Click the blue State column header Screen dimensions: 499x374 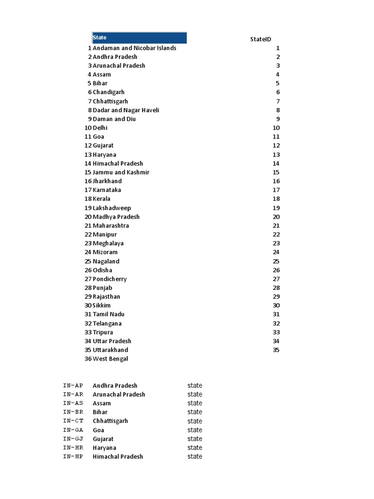[139, 38]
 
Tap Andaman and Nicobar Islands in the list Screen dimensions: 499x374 [134, 48]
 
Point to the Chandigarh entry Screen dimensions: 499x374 [109, 92]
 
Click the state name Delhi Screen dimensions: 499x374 [100, 128]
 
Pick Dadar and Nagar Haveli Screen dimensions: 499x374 [126, 110]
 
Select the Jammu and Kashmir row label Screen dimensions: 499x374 [121, 172]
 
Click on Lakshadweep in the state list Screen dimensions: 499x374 [112, 208]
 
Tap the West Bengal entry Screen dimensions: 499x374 [110, 359]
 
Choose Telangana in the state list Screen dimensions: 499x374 [107, 323]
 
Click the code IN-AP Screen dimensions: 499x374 [73, 385]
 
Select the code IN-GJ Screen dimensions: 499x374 [73, 439]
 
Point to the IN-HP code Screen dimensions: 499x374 [73, 457]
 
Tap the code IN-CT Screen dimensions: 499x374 [73, 421]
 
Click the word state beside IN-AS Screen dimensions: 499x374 [195, 403]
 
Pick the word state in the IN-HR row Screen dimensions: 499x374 [195, 447]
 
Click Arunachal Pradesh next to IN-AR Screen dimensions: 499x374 [119, 394]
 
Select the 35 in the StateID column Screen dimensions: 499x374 [276, 350]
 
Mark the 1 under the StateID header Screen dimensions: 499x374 [278, 48]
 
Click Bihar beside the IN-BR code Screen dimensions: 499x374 [100, 412]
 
